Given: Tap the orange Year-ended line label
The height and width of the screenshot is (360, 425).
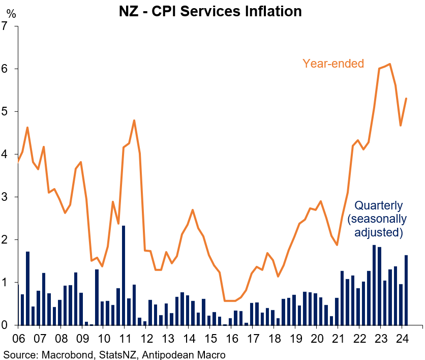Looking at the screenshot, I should [333, 64].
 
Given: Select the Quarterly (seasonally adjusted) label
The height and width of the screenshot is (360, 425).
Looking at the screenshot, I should [378, 219].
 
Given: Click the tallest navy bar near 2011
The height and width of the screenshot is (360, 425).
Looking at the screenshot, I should [124, 275].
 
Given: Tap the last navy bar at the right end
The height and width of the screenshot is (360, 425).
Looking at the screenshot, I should [406, 290].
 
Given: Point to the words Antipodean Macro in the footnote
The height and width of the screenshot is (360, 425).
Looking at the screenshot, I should [178, 354].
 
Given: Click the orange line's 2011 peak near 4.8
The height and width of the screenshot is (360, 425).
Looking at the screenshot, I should [134, 121].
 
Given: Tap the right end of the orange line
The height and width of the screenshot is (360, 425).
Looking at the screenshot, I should [406, 99].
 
